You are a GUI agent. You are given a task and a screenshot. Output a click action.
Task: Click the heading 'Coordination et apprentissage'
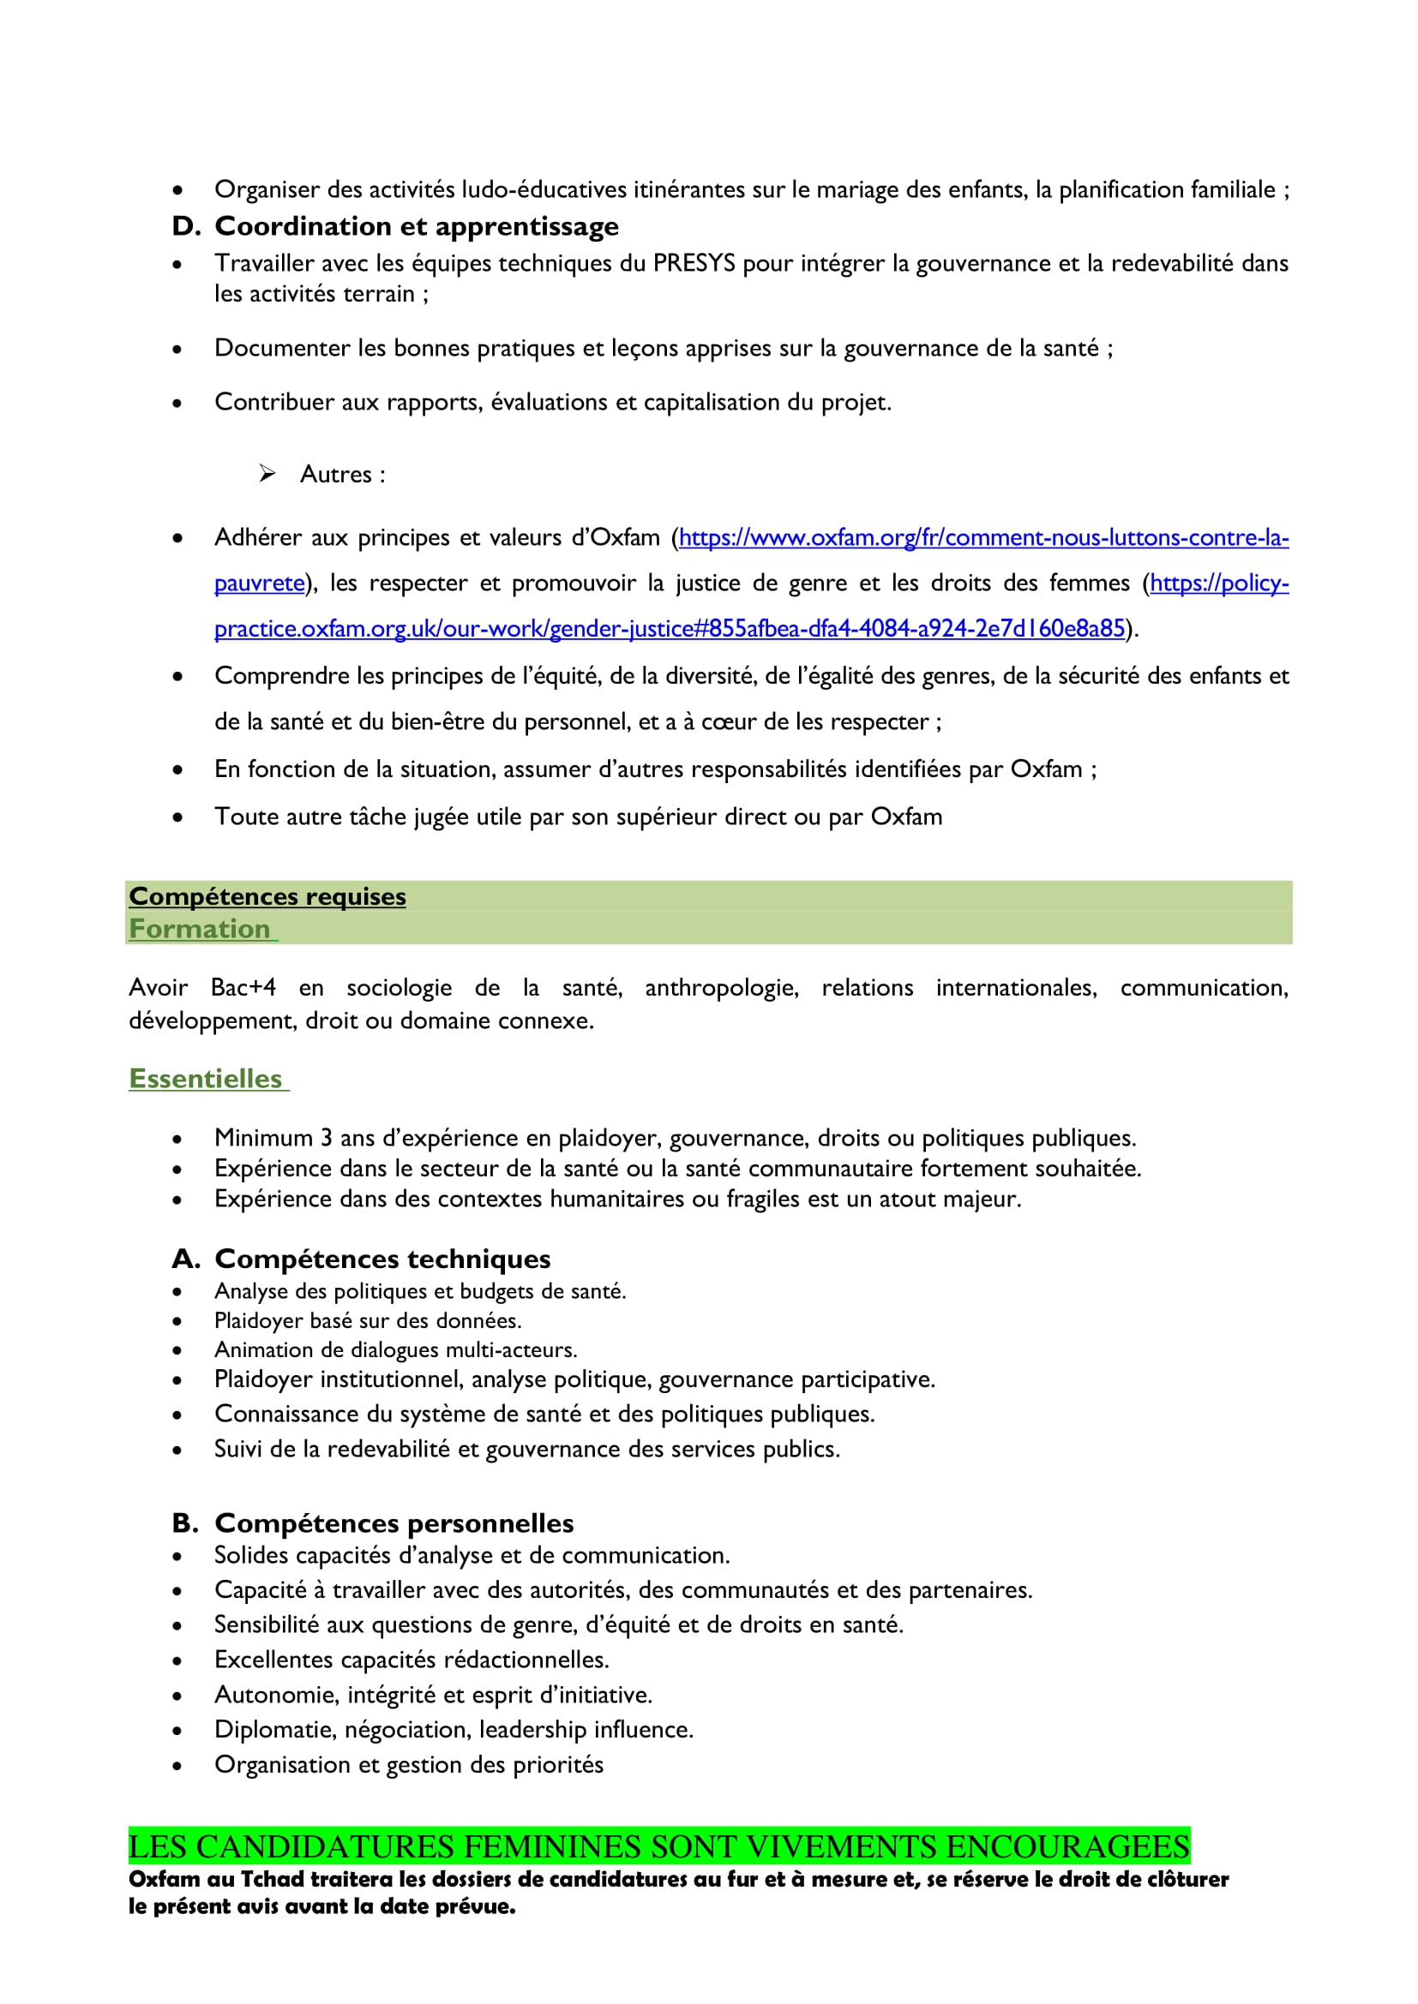[417, 227]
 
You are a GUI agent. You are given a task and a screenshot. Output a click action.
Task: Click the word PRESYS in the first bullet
[694, 264]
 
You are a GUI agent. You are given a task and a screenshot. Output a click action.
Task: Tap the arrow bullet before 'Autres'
[267, 474]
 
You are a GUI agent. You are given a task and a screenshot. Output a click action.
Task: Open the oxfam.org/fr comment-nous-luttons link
[983, 538]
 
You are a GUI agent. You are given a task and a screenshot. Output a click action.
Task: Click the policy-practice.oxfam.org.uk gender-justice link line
[669, 628]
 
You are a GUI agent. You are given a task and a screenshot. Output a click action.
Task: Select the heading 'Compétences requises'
[267, 896]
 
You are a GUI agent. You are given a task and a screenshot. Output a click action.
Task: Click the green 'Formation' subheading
[200, 929]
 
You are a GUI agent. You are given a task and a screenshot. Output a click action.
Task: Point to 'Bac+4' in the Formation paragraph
[243, 988]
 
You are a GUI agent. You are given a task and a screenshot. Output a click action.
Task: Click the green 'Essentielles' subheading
[206, 1079]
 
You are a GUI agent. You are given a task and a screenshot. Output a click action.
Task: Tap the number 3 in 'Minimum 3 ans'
[326, 1138]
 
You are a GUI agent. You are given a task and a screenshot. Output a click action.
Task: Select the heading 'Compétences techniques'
[382, 1259]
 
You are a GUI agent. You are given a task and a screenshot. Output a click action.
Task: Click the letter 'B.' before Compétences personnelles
[185, 1523]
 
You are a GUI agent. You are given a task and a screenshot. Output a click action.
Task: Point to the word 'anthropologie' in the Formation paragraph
[721, 988]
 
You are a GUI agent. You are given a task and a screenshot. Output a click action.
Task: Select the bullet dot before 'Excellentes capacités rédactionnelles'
[177, 1661]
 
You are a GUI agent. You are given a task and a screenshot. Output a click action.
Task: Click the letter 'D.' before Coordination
[186, 227]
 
